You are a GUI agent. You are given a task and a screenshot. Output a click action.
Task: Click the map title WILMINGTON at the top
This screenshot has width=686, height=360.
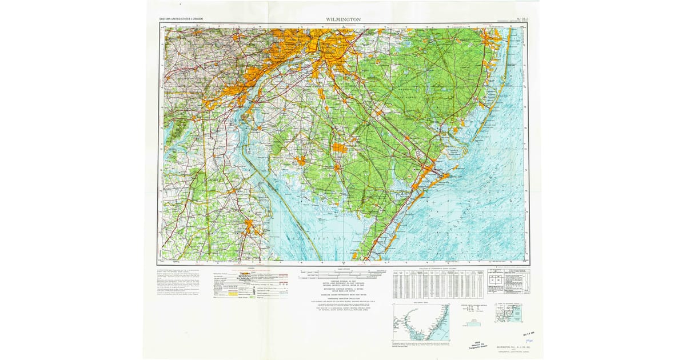343,19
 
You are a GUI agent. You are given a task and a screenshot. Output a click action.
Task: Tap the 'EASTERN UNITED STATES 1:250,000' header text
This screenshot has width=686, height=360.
181,19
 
